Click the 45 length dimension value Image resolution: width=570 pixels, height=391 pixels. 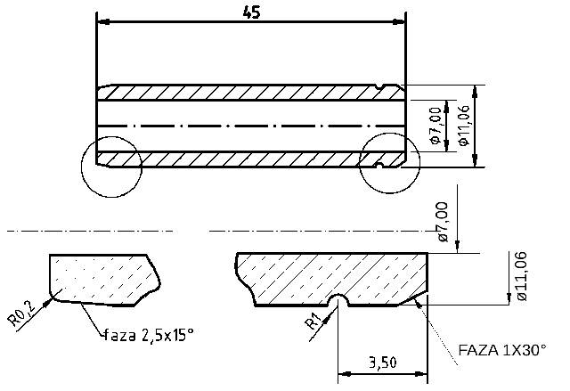(250, 12)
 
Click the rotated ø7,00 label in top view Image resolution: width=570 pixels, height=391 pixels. (436, 126)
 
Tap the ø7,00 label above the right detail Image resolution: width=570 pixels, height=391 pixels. (443, 223)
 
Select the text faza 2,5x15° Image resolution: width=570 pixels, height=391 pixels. (149, 335)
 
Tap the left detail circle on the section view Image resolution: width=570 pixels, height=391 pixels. (110, 167)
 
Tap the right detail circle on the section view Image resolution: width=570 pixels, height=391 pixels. (389, 163)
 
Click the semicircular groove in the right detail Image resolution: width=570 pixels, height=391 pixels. (338, 300)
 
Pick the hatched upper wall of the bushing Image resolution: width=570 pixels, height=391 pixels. (240, 93)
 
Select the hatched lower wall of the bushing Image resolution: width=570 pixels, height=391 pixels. (240, 159)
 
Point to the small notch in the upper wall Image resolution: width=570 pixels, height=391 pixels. (381, 87)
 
